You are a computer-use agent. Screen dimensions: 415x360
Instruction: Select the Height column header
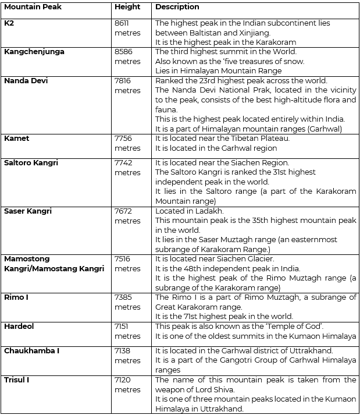[x=127, y=8]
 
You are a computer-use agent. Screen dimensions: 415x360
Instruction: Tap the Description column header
[x=177, y=8]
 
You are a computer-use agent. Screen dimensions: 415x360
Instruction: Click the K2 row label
[x=9, y=23]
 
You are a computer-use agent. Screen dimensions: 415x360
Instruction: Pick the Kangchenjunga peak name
[x=34, y=52]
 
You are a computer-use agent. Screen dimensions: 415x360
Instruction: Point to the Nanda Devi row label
[x=26, y=81]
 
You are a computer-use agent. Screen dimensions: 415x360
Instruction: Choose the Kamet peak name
[x=17, y=139]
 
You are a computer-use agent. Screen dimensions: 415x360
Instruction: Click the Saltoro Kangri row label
[x=31, y=163]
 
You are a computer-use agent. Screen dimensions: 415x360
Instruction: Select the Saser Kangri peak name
[x=27, y=211]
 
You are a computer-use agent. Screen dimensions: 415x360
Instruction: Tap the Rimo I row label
[x=16, y=297]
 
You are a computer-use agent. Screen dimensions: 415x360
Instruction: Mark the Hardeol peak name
[x=19, y=327]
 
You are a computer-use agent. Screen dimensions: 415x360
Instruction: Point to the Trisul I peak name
[x=17, y=380]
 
